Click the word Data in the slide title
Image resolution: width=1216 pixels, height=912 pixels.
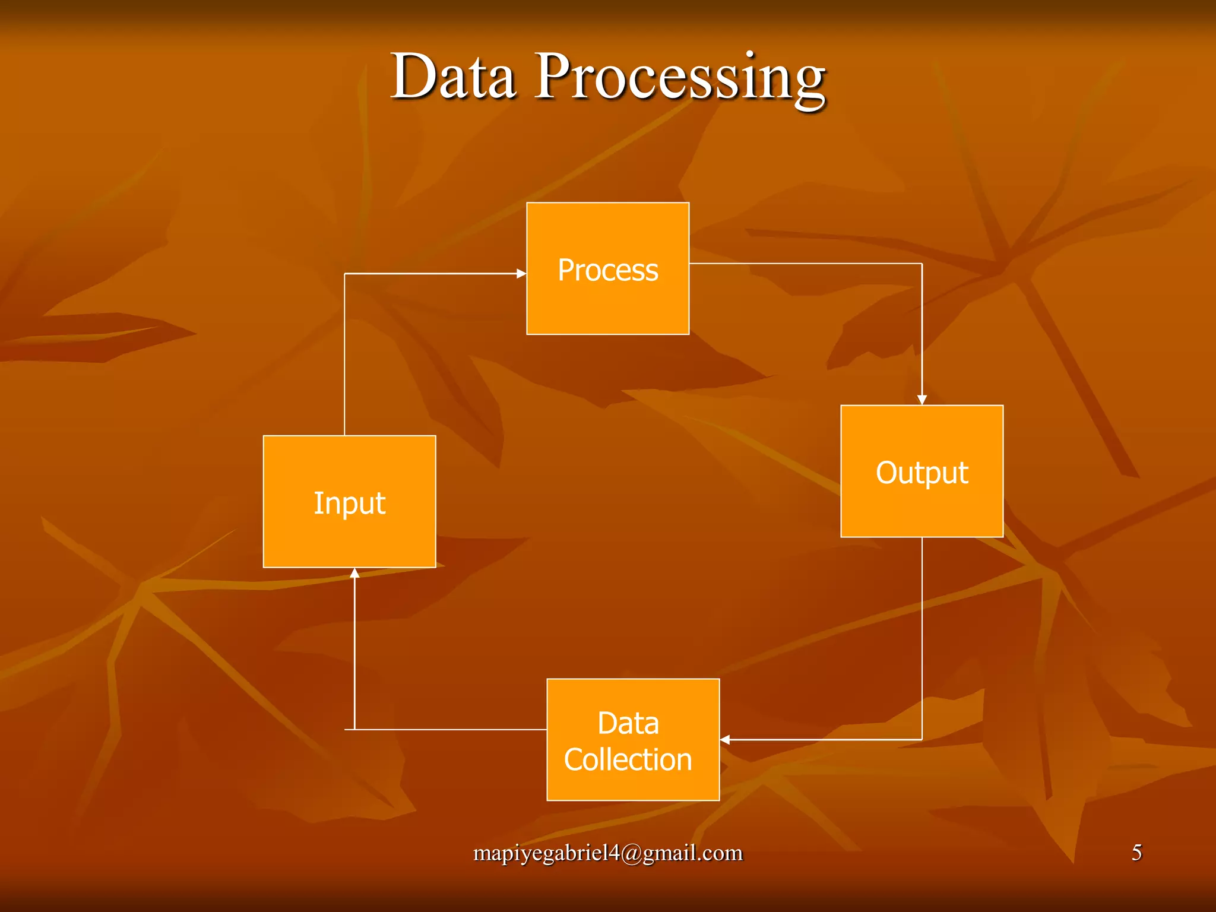pyautogui.click(x=452, y=77)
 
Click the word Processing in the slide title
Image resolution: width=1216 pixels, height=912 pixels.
pyautogui.click(x=680, y=79)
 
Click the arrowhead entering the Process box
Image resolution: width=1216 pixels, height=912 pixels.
pyautogui.click(x=521, y=274)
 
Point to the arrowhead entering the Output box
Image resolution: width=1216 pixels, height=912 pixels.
pyautogui.click(x=921, y=400)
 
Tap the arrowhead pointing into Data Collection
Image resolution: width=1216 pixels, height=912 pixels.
pyautogui.click(x=725, y=739)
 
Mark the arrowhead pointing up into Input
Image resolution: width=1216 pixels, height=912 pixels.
pyautogui.click(x=354, y=573)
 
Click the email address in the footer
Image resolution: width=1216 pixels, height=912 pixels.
pyautogui.click(x=607, y=853)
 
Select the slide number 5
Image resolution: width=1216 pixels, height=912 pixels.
pyautogui.click(x=1136, y=853)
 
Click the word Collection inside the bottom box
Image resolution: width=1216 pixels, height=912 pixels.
pyautogui.click(x=628, y=760)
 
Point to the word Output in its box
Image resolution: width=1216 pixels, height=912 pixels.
pyautogui.click(x=921, y=473)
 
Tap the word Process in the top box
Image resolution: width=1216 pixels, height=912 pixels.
pyautogui.click(x=607, y=270)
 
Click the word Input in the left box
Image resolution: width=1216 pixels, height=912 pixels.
pyautogui.click(x=349, y=503)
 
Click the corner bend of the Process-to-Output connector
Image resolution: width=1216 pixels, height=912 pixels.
pyautogui.click(x=921, y=264)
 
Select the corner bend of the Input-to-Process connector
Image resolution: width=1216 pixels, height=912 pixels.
pyautogui.click(x=345, y=274)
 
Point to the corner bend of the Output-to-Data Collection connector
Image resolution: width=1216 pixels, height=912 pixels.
pyautogui.click(x=921, y=739)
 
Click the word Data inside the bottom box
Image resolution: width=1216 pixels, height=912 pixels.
pyautogui.click(x=628, y=723)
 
